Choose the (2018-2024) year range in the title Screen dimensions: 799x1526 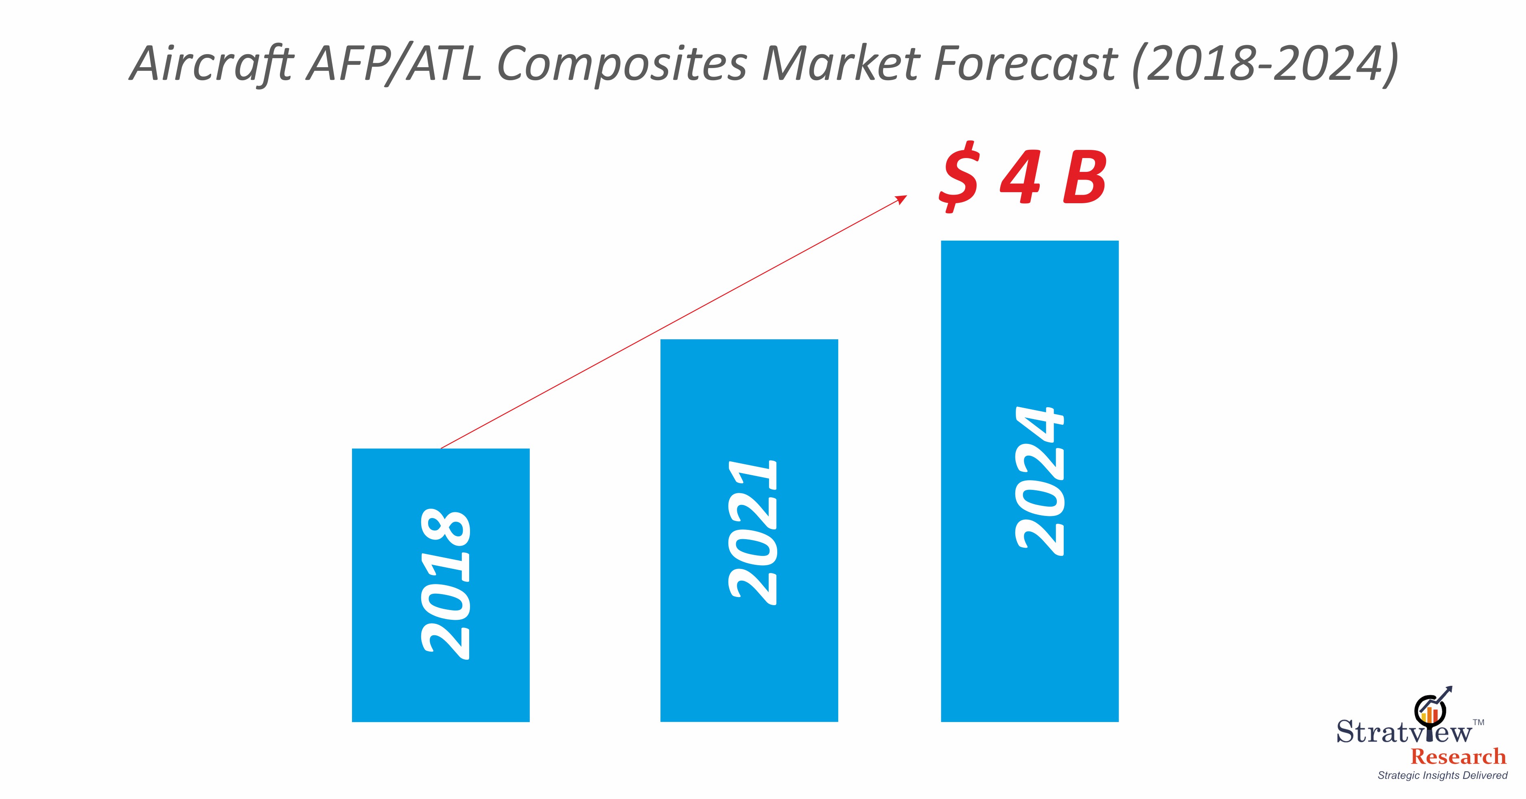click(1264, 64)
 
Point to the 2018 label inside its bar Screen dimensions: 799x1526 click(446, 584)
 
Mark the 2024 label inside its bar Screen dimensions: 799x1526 click(1040, 481)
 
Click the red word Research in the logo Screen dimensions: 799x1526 click(1458, 757)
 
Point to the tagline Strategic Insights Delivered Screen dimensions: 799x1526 click(1443, 775)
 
